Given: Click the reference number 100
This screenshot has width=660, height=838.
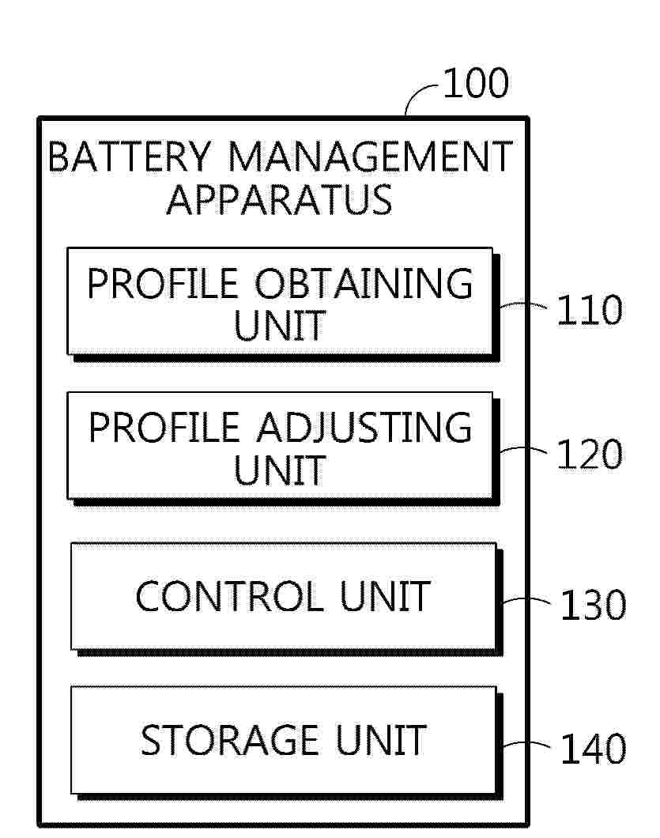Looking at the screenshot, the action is tap(476, 83).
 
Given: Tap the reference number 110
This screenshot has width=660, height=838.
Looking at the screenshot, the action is tap(589, 310).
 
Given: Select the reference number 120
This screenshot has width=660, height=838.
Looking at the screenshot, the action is tap(589, 455).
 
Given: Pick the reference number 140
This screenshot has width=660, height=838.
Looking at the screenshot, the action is tap(593, 748).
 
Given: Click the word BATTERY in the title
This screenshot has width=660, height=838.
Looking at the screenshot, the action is tap(130, 157).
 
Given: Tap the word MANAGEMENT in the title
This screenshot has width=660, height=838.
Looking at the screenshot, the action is tap(371, 157).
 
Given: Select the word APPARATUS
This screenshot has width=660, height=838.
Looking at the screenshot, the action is tap(280, 200).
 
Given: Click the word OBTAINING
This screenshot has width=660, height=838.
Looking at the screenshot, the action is tap(364, 283).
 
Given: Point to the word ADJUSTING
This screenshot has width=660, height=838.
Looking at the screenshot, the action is tap(364, 428).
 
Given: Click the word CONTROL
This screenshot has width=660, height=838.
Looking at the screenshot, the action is tap(230, 596).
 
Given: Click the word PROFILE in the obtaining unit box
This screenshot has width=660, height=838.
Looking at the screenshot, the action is tap(163, 283).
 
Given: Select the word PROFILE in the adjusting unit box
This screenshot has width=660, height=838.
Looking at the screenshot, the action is tap(164, 428).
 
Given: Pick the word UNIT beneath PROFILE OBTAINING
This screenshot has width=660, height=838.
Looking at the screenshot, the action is tap(280, 326).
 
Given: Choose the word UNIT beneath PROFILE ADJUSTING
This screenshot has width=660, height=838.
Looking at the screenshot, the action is tap(280, 470).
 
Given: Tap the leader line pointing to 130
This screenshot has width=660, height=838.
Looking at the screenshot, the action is tap(526, 599).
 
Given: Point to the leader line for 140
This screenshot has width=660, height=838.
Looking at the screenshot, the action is tap(526, 743).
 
